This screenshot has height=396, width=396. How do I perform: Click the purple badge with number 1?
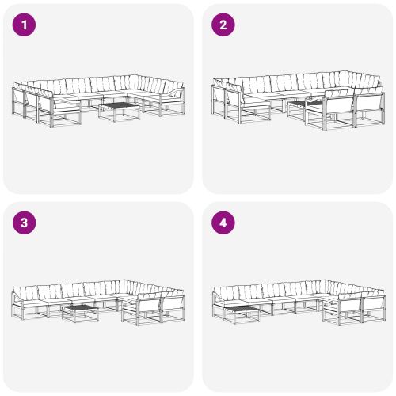click(x=26, y=25)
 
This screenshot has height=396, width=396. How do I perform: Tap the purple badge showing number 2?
click(x=223, y=25)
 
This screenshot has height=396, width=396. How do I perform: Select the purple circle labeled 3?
click(x=26, y=223)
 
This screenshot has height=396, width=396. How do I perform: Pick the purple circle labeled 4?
click(x=223, y=223)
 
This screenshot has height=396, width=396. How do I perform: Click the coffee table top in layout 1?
click(x=118, y=105)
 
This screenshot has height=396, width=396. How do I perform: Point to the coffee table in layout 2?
click(x=299, y=106)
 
